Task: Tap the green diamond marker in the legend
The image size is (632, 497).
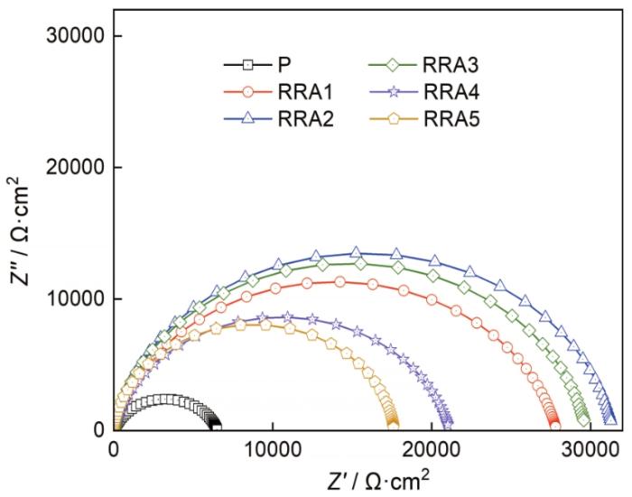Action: click(x=394, y=66)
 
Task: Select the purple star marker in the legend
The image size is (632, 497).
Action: click(x=394, y=92)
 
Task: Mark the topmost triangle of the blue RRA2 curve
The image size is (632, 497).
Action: click(x=356, y=253)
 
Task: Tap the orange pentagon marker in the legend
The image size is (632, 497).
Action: click(x=394, y=118)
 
